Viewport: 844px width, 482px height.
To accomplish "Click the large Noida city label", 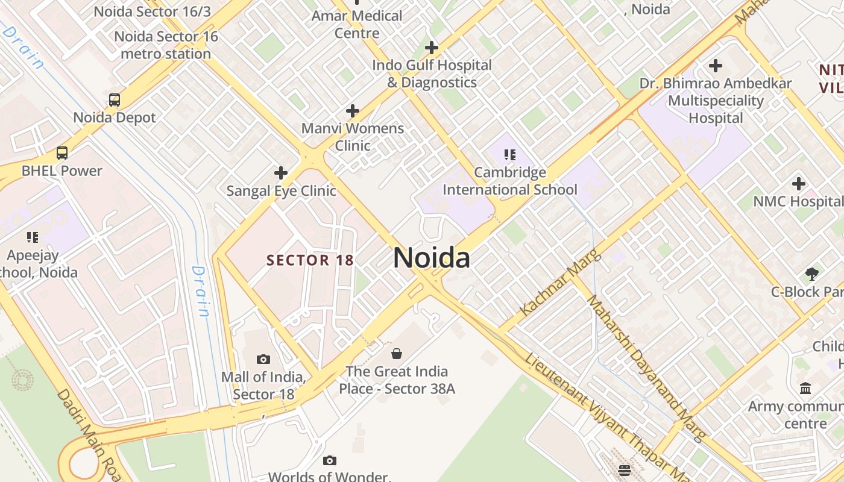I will [x=432, y=258].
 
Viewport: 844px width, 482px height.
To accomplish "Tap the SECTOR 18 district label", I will [x=310, y=260].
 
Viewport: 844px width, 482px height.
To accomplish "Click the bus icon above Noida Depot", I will [x=115, y=100].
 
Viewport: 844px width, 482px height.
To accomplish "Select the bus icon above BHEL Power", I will [x=62, y=153].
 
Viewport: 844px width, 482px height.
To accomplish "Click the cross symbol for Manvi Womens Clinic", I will [x=353, y=111].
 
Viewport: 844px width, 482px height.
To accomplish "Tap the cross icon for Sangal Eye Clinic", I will [x=281, y=174].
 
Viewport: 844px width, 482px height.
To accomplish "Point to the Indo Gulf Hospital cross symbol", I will [x=432, y=48].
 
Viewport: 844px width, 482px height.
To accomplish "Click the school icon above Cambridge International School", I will [x=510, y=155].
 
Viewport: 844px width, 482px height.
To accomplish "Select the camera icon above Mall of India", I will [x=263, y=360].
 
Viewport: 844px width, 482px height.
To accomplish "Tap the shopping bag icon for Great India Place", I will [x=397, y=354].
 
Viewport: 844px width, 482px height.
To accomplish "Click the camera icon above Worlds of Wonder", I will [x=329, y=461].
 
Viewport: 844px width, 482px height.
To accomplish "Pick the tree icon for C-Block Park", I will [x=812, y=274].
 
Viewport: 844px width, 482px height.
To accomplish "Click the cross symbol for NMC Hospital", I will [x=799, y=184].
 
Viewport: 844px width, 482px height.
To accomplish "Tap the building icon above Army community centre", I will [x=805, y=389].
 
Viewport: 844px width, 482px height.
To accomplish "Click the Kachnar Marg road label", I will [x=560, y=283].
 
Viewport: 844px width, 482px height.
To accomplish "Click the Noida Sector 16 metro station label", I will [x=166, y=45].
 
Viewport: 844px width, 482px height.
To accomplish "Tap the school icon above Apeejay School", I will [x=33, y=237].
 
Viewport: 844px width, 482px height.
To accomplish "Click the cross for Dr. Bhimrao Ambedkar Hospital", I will [x=716, y=66].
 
